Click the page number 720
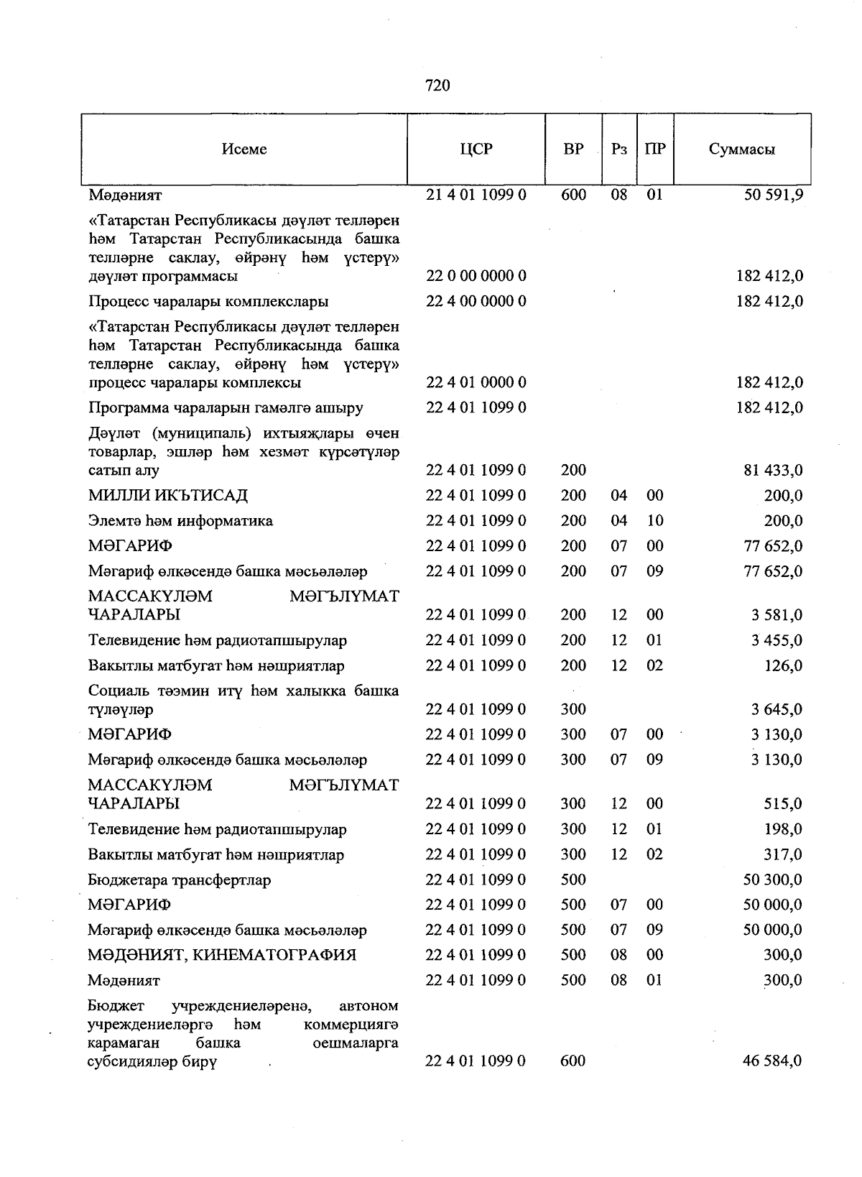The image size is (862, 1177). [x=437, y=86]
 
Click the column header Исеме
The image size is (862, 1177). [x=244, y=149]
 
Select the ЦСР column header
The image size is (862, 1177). [x=476, y=149]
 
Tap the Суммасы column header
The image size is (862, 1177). [x=741, y=149]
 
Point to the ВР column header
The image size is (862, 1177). [x=573, y=149]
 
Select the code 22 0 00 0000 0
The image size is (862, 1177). [x=476, y=276]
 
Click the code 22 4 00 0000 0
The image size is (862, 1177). [x=476, y=301]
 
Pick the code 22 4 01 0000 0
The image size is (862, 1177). [x=476, y=382]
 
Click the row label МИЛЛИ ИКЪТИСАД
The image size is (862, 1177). [x=168, y=496]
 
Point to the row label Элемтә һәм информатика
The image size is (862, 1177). [x=180, y=521]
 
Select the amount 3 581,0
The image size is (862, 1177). [x=777, y=615]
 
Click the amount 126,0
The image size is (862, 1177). [x=783, y=666]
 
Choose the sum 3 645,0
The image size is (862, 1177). [x=777, y=710]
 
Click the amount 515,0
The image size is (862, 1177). [x=783, y=804]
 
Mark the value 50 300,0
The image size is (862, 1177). [x=773, y=880]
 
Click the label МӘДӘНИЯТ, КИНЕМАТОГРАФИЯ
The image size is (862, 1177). [x=222, y=956]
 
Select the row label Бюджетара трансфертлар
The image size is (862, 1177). [x=180, y=880]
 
